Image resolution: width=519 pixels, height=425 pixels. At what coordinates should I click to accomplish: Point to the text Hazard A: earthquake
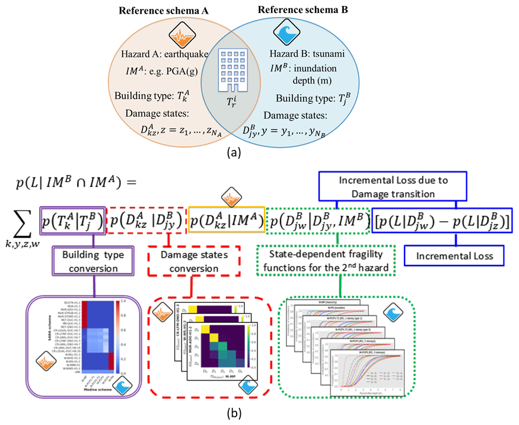pyautogui.click(x=161, y=55)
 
